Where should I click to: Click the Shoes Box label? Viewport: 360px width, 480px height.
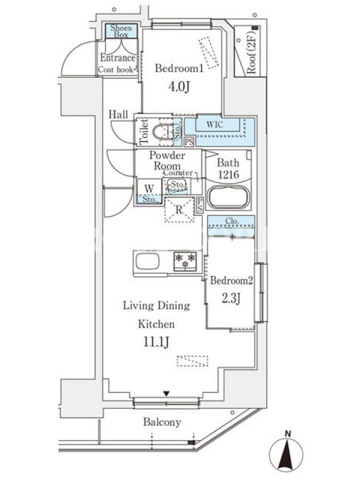(121, 31)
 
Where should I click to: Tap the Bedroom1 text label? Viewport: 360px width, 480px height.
(179, 68)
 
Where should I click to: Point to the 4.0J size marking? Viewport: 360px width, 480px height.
(179, 86)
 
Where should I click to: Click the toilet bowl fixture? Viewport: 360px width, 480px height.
(162, 133)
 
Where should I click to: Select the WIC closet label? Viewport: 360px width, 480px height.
(215, 125)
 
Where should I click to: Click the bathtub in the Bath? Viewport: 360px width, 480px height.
(229, 197)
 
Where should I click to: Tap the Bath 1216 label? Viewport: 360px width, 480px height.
(229, 169)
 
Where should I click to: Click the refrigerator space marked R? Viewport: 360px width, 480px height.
(179, 210)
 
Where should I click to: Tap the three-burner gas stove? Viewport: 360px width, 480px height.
(185, 261)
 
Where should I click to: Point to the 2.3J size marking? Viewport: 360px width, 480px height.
(231, 298)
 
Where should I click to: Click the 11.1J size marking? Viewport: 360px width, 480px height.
(156, 342)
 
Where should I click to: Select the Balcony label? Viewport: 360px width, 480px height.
(162, 422)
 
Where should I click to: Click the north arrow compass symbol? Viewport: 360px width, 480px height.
(287, 453)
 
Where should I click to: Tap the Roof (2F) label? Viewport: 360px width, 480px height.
(251, 51)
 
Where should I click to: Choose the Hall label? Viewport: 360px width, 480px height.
(118, 115)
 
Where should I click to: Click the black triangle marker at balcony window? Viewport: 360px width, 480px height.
(166, 394)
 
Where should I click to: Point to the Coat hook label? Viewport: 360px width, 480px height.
(116, 70)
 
